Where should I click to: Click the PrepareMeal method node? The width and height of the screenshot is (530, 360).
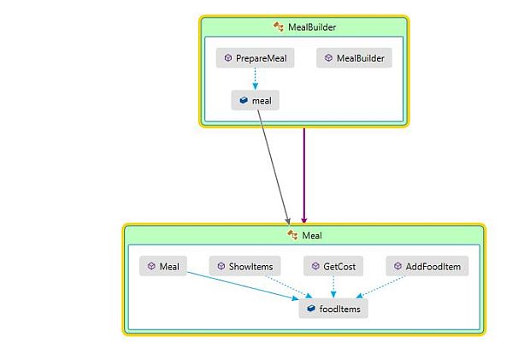click(x=255, y=58)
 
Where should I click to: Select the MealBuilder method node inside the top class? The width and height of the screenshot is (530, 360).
click(x=354, y=58)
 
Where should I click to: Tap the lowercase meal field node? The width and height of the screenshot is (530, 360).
click(x=255, y=100)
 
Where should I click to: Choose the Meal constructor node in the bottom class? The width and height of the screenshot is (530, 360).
click(x=163, y=266)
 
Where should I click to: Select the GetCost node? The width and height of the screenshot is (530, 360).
click(x=333, y=266)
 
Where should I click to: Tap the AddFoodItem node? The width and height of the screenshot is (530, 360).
click(x=427, y=266)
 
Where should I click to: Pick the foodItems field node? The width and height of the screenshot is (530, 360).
click(x=333, y=309)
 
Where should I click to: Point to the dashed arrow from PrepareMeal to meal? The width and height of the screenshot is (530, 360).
click(x=255, y=79)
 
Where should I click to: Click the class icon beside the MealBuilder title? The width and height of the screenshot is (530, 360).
click(x=278, y=27)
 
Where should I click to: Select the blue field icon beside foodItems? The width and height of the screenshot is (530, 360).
click(x=311, y=309)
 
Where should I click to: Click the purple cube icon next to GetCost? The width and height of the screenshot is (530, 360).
click(x=315, y=266)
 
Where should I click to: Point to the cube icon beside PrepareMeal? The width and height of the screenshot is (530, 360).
click(x=228, y=58)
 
